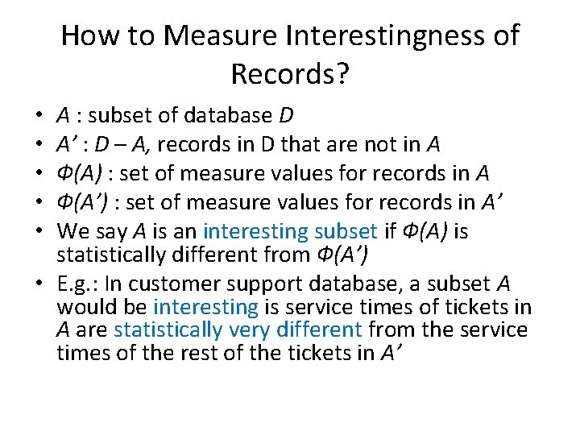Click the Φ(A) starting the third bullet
(x=78, y=173)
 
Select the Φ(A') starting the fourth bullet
(x=81, y=202)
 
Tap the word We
(x=72, y=231)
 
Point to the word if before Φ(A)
(x=391, y=231)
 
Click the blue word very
(x=250, y=329)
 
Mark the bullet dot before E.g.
(x=39, y=284)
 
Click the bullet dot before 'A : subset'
(x=39, y=115)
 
